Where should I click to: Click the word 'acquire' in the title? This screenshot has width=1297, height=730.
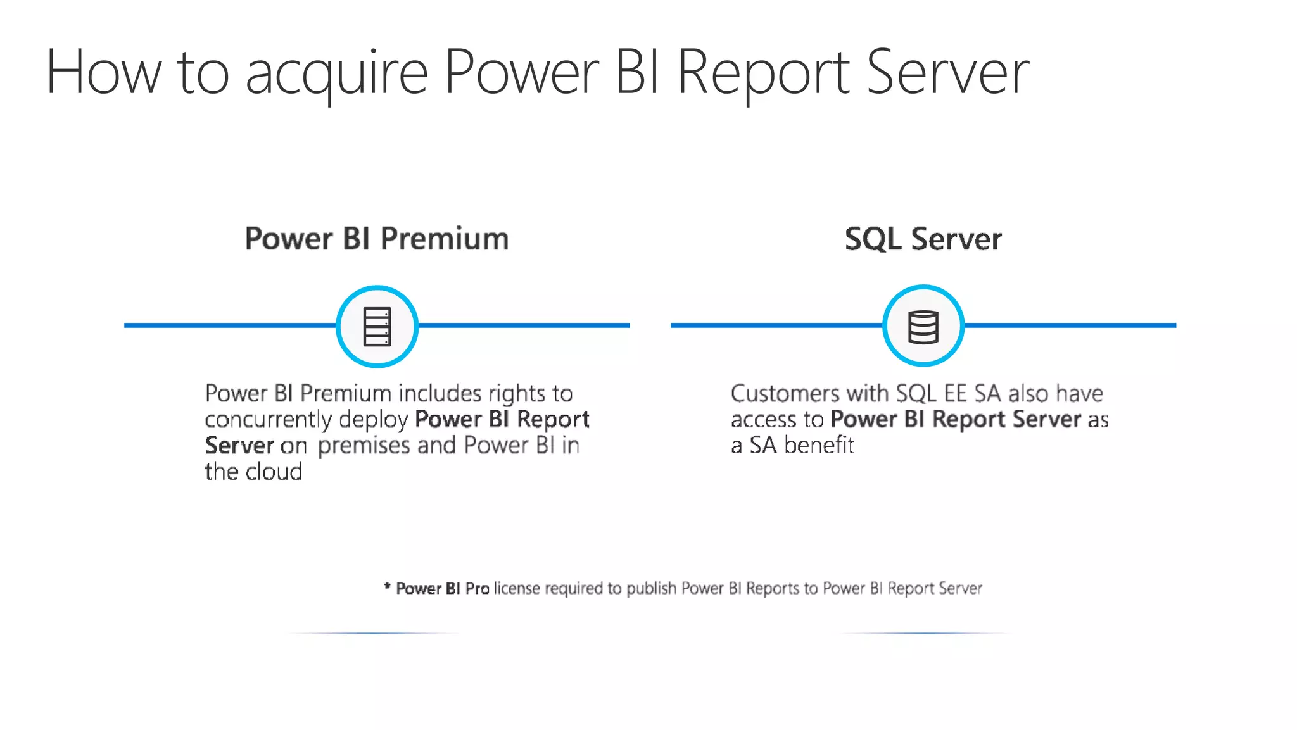(x=336, y=75)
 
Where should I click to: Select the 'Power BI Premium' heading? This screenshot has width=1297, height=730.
(x=377, y=239)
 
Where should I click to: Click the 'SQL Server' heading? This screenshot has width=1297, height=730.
(x=923, y=239)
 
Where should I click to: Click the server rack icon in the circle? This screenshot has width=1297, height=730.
(x=377, y=327)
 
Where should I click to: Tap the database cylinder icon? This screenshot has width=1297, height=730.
(x=923, y=327)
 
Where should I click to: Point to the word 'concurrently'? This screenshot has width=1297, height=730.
(x=269, y=420)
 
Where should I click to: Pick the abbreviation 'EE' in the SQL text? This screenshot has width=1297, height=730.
(x=955, y=394)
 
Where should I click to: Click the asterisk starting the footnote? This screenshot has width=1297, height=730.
(x=388, y=587)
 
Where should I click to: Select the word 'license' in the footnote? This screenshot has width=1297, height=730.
(x=517, y=589)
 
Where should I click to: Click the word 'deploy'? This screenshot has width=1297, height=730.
(x=373, y=420)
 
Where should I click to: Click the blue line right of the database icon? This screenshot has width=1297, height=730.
(x=1070, y=325)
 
